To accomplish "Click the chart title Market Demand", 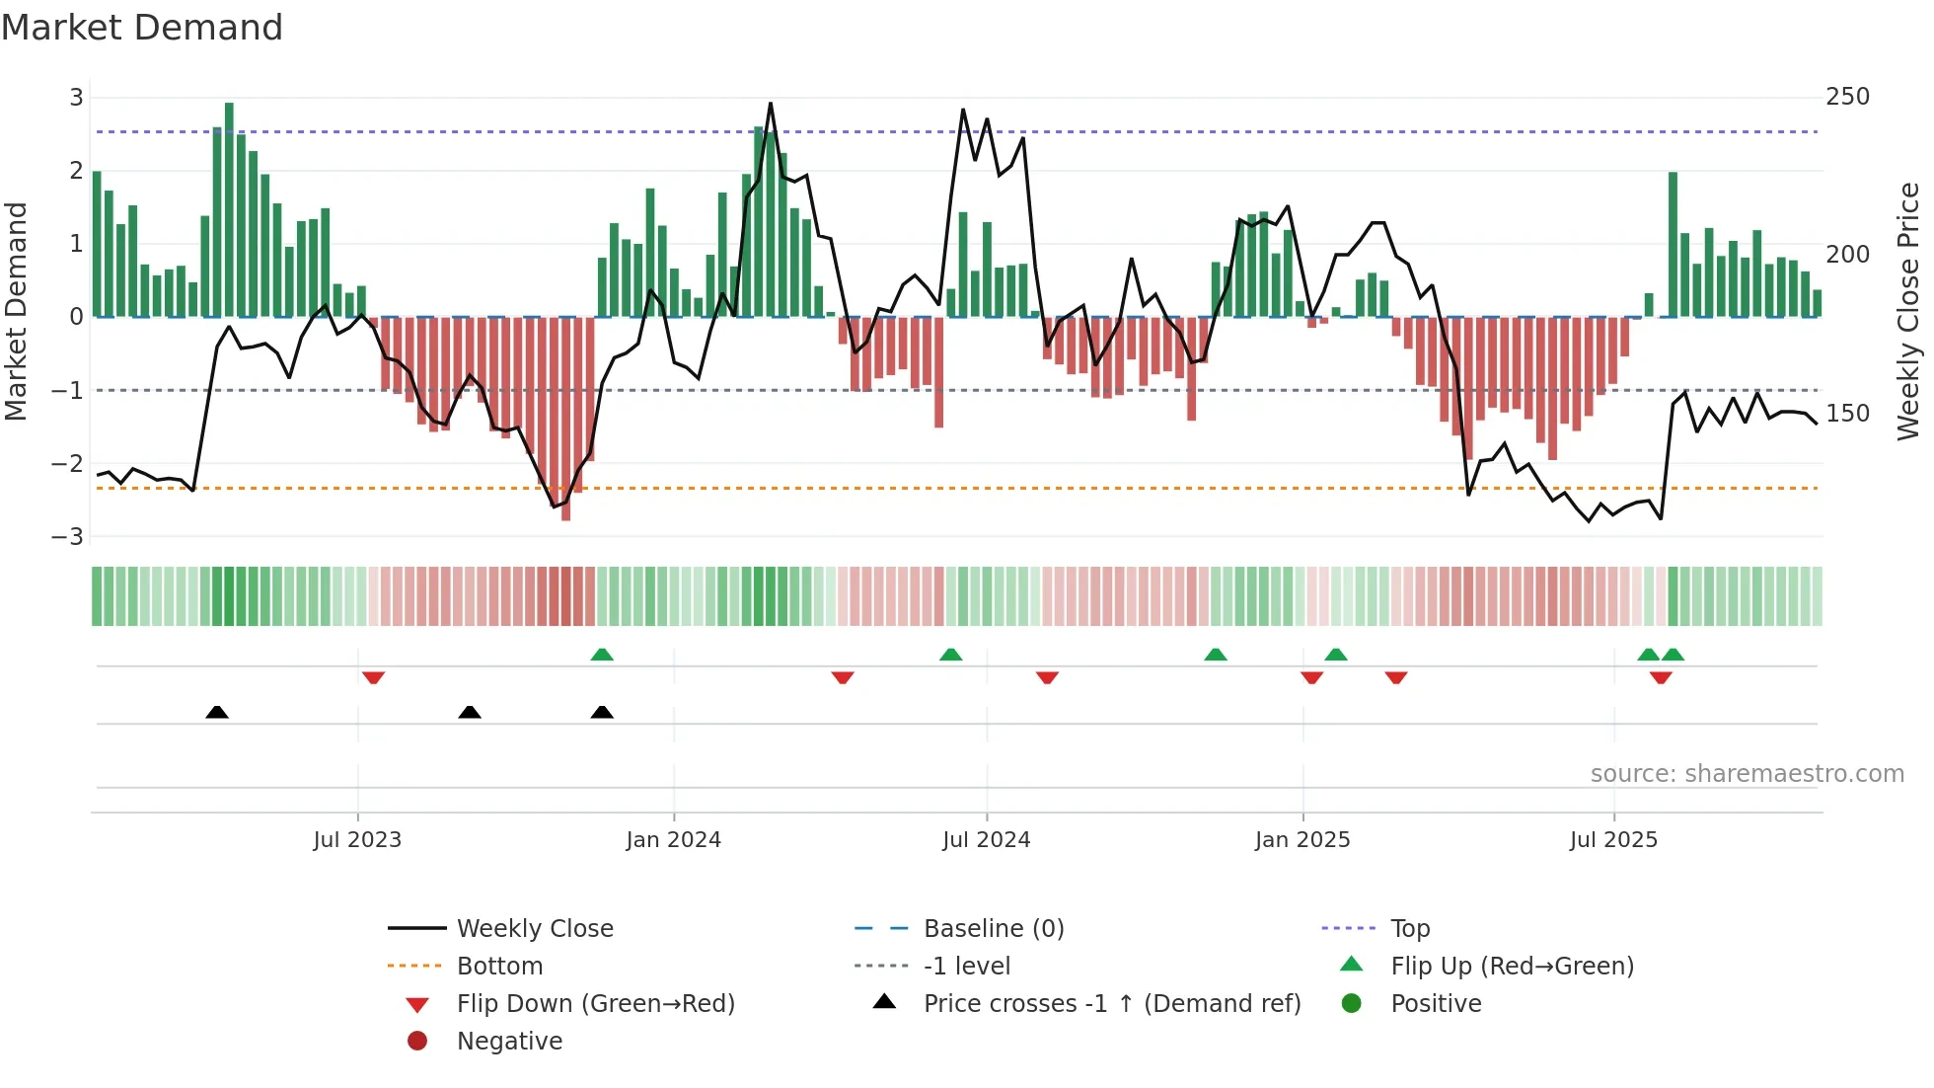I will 142,28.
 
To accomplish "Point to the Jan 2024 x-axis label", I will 673,840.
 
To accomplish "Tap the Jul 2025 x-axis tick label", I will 1613,840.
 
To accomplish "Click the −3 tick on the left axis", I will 68,537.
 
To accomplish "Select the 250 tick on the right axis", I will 1847,97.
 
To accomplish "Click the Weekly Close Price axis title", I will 1908,311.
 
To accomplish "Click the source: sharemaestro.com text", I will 1747,774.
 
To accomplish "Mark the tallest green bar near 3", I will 229,207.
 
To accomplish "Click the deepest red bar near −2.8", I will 565,420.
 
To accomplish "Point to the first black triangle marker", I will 217,712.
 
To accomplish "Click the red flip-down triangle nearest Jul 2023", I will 373,678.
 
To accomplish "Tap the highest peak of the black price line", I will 771,105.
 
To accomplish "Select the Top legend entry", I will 1409,929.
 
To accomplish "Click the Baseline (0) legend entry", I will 993,929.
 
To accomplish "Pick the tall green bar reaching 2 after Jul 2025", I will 1673,245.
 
